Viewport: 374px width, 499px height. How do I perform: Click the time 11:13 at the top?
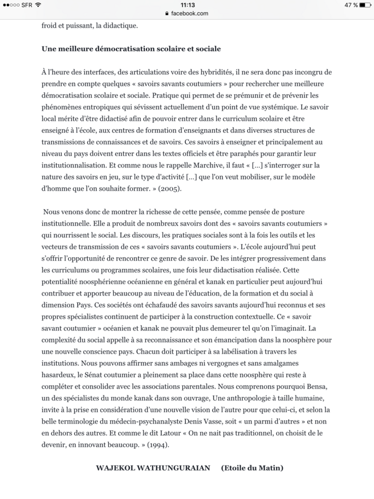click(x=187, y=5)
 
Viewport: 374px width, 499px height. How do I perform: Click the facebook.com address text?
click(x=190, y=13)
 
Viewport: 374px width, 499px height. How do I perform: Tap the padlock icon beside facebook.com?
click(x=167, y=13)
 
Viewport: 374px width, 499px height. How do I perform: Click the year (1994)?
click(x=159, y=444)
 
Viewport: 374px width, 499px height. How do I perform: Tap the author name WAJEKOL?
click(x=116, y=468)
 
